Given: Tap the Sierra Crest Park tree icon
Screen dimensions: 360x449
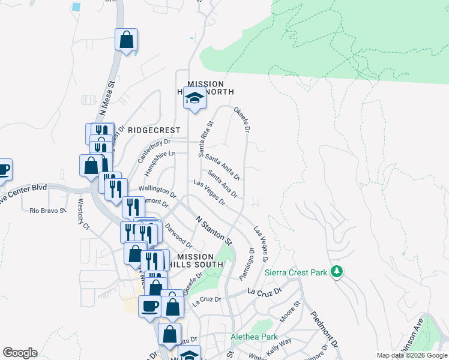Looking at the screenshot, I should pos(337,272).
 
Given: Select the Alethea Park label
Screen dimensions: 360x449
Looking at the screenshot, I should pos(252,337).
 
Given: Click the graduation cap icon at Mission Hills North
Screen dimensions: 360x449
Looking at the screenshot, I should pos(194,97).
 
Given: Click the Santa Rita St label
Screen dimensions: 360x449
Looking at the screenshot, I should pos(205,139).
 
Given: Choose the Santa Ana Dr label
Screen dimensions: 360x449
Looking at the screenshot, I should pos(223,184).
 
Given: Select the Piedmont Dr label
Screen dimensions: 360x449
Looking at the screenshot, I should pos(324,329).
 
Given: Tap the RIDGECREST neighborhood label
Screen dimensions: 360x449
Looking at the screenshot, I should pos(154,130).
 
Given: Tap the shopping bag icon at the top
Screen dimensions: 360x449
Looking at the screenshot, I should pos(127,40).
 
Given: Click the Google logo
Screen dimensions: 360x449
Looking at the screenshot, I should pos(20,353).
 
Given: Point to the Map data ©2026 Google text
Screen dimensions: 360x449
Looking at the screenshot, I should pos(412,355).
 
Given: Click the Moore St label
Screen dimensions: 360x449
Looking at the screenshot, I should pos(289,311).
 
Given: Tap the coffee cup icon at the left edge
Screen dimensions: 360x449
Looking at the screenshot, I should pos(4,170).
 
